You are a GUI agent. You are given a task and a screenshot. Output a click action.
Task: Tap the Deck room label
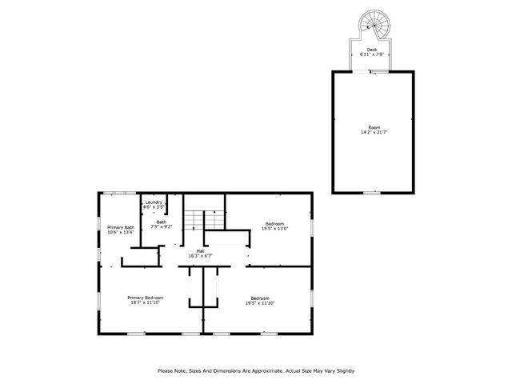point(373,50)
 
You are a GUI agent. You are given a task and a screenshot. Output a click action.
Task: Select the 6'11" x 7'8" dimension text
point(373,55)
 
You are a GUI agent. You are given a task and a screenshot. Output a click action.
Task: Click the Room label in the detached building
point(374,127)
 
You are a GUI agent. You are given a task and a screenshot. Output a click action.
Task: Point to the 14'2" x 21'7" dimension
point(374,133)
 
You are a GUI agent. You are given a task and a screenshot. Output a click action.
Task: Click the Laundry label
point(154,202)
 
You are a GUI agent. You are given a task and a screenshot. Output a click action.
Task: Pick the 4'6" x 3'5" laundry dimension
point(154,208)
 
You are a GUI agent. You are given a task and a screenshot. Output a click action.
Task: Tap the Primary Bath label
point(121,227)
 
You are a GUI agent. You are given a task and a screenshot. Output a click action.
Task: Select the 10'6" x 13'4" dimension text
point(121,233)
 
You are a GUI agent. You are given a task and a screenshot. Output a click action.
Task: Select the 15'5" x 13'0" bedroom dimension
point(274,229)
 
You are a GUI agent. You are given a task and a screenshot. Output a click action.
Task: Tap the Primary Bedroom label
point(146,298)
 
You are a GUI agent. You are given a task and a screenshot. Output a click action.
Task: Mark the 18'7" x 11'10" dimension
point(146,303)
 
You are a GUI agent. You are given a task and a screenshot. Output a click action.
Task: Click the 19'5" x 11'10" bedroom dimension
point(259,303)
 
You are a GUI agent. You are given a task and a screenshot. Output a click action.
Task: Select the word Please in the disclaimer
point(166,370)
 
